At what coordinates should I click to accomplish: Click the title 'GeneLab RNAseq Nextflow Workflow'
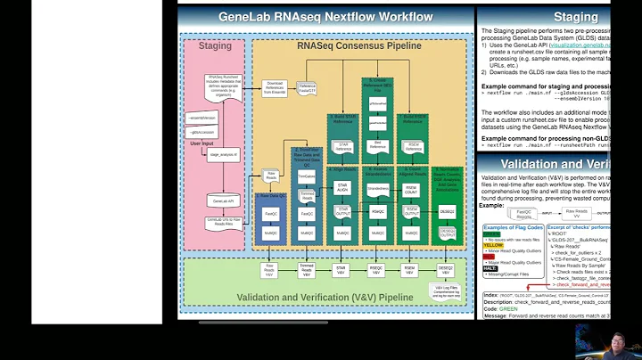(325, 17)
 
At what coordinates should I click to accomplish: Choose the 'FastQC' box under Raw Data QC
(270, 214)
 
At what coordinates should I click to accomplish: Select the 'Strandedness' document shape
(377, 188)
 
